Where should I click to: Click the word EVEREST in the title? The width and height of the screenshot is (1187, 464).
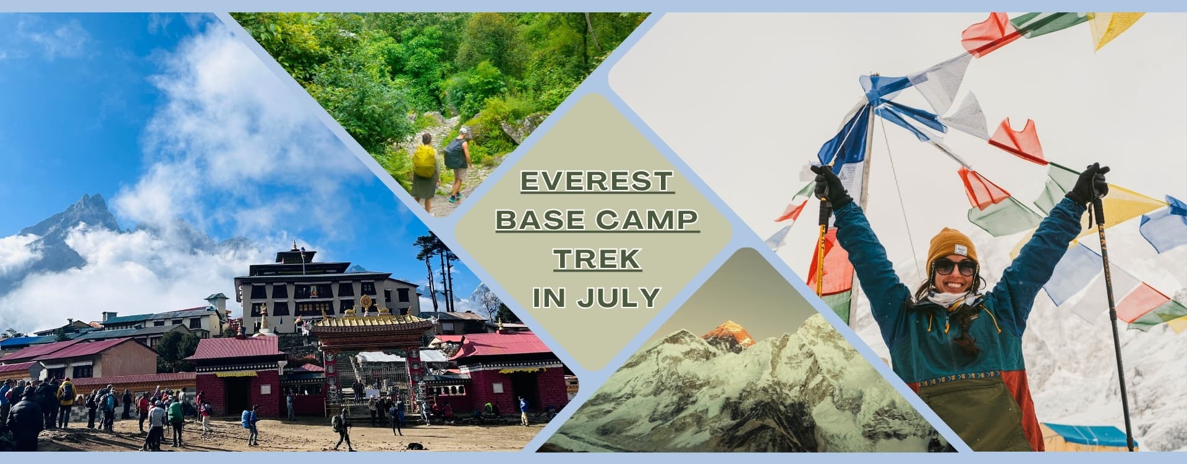tap(597, 181)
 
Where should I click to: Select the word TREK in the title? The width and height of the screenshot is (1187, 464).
tap(597, 259)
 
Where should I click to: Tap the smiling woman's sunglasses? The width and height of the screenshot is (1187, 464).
tap(955, 267)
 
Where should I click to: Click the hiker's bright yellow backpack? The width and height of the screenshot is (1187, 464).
tap(424, 161)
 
